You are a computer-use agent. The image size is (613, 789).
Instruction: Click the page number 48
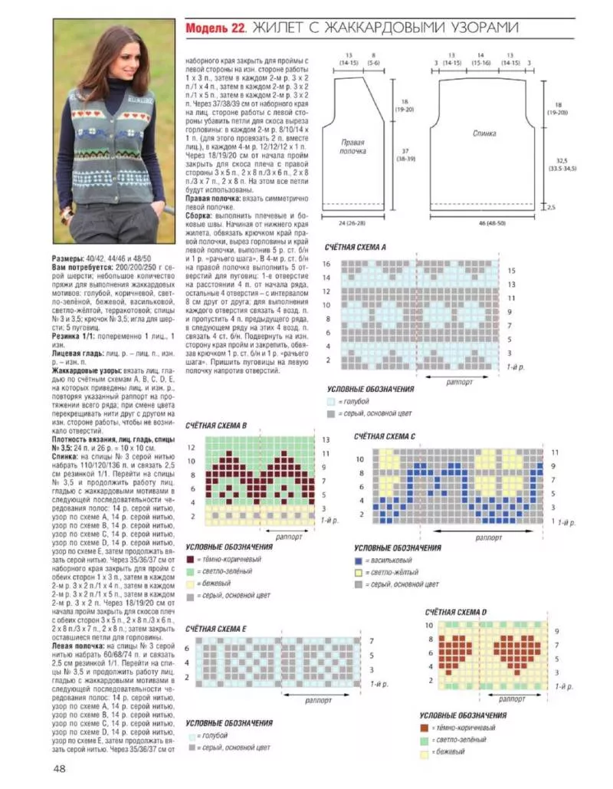point(59,768)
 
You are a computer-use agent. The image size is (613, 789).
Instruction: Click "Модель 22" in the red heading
point(214,28)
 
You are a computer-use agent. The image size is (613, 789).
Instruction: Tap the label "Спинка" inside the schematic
point(484,134)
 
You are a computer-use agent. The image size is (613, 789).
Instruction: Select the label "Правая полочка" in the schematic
point(352,146)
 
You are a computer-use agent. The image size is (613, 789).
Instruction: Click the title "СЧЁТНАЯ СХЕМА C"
point(384,436)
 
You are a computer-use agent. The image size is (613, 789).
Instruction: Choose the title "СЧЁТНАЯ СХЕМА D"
point(456,612)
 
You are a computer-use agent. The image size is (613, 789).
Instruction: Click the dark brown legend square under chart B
point(189,560)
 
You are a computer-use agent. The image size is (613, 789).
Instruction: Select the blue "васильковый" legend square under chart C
point(358,561)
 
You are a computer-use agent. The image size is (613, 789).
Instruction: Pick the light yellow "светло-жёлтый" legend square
point(358,573)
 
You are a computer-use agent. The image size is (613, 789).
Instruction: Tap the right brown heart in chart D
point(517,652)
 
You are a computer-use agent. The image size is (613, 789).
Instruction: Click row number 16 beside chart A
point(326,264)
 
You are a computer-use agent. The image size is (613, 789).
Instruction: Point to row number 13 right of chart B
point(326,440)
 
